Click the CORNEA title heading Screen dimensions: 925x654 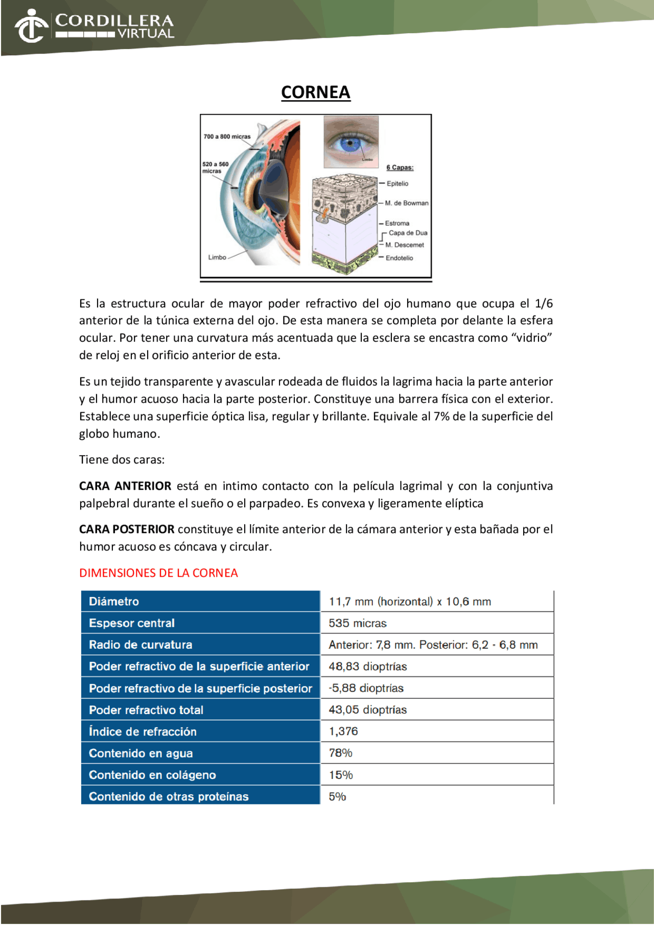click(315, 92)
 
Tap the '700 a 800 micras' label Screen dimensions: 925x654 click(227, 136)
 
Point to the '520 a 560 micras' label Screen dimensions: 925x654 click(215, 168)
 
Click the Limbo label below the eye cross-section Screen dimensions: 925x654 click(217, 257)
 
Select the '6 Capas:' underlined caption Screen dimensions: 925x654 click(400, 168)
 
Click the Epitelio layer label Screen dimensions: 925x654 click(397, 183)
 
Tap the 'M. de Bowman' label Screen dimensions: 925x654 click(406, 203)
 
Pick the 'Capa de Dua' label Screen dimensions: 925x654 click(408, 233)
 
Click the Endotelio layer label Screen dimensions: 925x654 click(399, 258)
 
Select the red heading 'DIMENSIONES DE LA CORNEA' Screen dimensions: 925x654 click(158, 573)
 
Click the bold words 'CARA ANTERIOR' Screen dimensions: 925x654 click(125, 486)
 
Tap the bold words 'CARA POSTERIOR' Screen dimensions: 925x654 click(127, 529)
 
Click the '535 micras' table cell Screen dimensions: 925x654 click(358, 623)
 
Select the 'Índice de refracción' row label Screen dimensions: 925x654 click(143, 731)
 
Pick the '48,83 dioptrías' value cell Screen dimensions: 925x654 click(368, 667)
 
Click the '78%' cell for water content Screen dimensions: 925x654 click(340, 753)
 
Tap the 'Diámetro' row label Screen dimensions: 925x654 click(114, 602)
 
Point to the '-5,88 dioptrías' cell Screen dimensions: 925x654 click(366, 688)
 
